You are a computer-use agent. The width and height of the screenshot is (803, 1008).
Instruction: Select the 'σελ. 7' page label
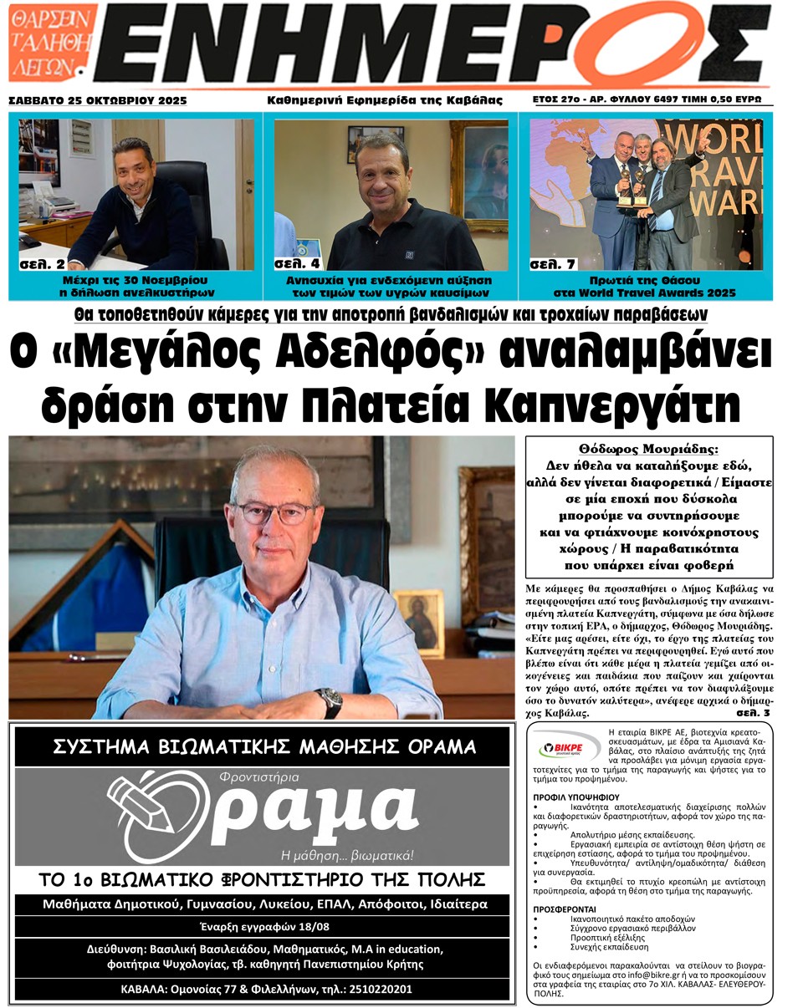[552, 264]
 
